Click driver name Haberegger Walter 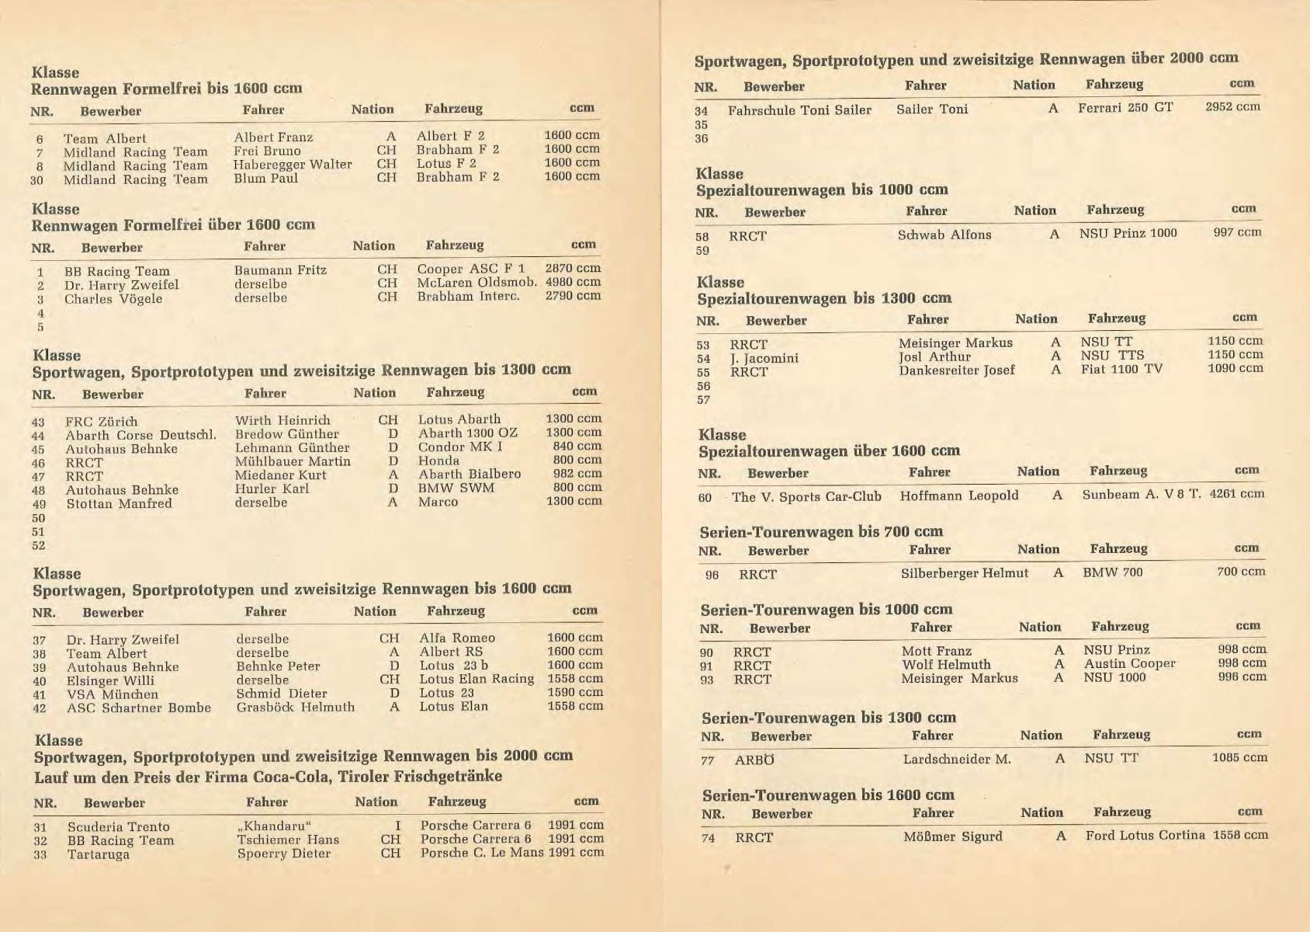click(293, 165)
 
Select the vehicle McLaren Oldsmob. click(477, 283)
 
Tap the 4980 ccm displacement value click(573, 282)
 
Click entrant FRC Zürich click(102, 422)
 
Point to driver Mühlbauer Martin click(293, 461)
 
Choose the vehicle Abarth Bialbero click(470, 474)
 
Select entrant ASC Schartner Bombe click(139, 708)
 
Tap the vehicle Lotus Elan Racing click(477, 679)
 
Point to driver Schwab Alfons click(944, 235)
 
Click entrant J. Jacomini click(764, 358)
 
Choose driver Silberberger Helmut click(965, 573)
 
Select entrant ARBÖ click(754, 760)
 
